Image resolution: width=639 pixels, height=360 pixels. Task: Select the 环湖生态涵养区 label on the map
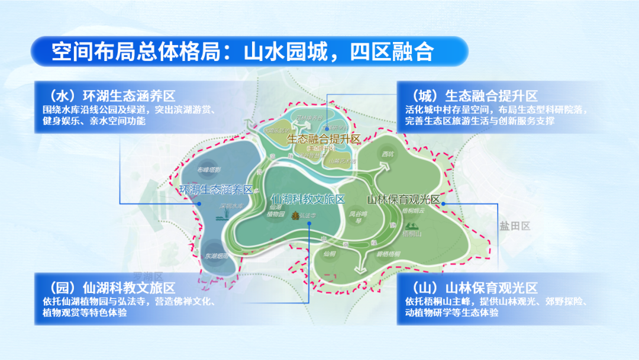tap(215, 190)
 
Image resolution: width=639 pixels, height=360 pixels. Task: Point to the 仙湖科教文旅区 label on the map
tap(307, 199)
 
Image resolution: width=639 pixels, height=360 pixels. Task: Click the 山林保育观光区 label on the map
tap(404, 200)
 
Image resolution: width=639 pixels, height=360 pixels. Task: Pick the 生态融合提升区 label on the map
tap(324, 139)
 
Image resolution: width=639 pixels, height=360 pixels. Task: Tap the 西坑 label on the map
tap(388, 155)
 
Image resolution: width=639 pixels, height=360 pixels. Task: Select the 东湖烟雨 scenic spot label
tap(216, 256)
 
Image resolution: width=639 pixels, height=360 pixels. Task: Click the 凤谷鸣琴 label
tap(358, 217)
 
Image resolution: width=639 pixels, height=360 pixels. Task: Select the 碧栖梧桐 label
tap(388, 253)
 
